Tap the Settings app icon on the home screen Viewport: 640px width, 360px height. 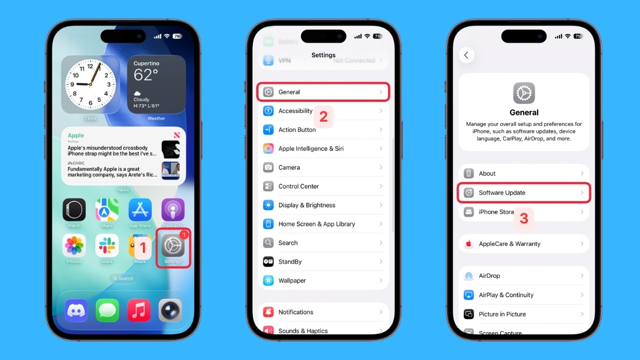tap(173, 246)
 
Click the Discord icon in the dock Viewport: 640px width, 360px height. tap(76, 310)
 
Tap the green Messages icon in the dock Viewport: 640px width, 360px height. tap(107, 310)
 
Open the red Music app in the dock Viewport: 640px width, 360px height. tap(139, 310)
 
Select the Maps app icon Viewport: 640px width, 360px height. tap(107, 210)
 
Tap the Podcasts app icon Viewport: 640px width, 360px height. tap(173, 210)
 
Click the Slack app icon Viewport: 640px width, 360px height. tap(107, 246)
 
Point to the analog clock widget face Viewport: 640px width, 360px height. tap(91, 84)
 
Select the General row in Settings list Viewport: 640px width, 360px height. tap(323, 92)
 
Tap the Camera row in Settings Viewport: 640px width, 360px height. tap(323, 167)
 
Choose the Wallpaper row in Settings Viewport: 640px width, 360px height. tap(323, 281)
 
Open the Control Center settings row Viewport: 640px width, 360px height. tap(323, 187)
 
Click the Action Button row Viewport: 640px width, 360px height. tap(323, 130)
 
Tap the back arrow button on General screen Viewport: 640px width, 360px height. tap(467, 55)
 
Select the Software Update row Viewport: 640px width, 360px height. tap(524, 193)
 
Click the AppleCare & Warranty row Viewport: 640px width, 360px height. tap(524, 244)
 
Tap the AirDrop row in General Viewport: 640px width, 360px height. tap(524, 276)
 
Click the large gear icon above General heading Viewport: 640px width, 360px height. tap(524, 93)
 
